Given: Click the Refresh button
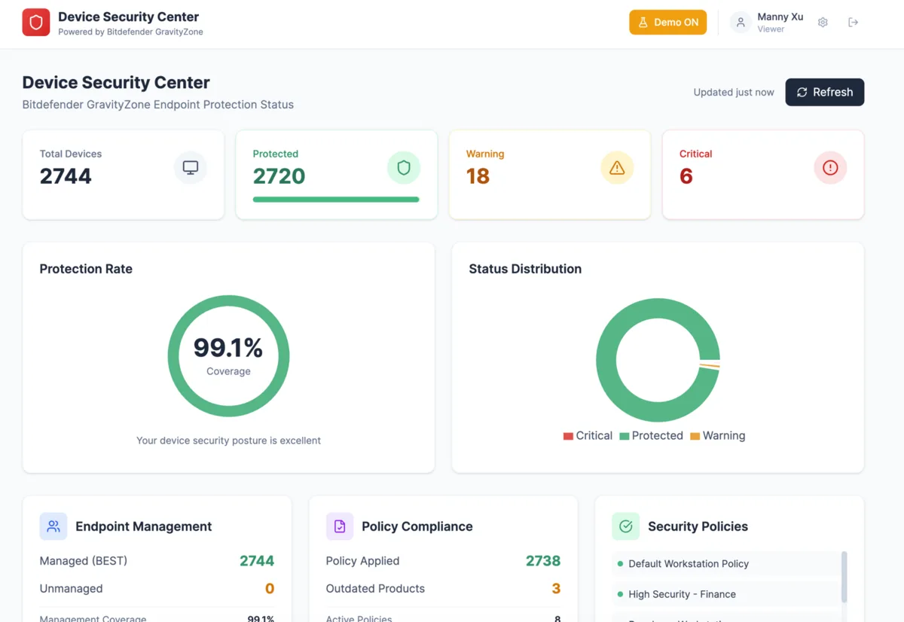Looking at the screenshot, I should (x=824, y=92).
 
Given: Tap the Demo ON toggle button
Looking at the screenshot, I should (x=667, y=23).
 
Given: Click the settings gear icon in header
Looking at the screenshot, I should (x=823, y=23).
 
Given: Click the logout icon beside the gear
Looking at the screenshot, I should (x=853, y=23).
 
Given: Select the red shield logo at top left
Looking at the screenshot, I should (x=35, y=23).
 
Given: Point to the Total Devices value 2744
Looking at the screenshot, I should (x=66, y=176).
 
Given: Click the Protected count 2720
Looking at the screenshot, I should (x=279, y=176).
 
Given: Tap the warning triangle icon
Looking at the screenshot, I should (x=617, y=168).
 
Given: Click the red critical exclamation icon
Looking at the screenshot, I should (x=830, y=168).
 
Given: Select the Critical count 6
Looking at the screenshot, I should (x=686, y=176).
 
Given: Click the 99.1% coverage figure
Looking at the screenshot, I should (x=228, y=348).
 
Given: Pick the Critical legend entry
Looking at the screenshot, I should (x=588, y=436).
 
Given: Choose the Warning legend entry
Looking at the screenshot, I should (x=717, y=436).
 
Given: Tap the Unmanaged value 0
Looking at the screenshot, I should (x=269, y=589).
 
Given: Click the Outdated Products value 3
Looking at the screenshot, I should (x=556, y=589).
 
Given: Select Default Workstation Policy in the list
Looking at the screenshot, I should (x=689, y=564).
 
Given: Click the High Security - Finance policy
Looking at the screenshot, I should (x=682, y=594).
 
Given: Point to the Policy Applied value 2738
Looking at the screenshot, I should (x=542, y=561).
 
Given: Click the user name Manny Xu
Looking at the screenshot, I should (x=780, y=17).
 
